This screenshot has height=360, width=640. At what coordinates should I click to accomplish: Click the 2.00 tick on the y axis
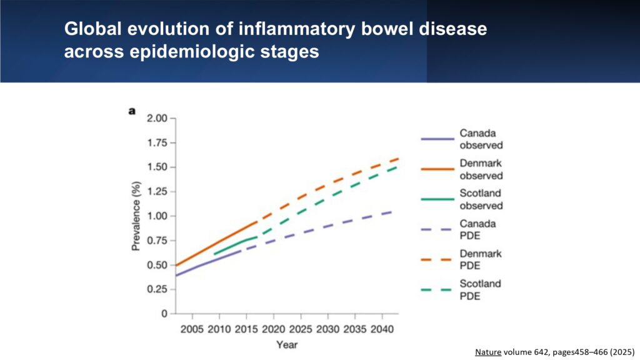click(x=157, y=119)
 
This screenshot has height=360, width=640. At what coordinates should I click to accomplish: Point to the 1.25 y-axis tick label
click(x=157, y=192)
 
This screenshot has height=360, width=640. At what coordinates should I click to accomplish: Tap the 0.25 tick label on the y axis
click(x=157, y=289)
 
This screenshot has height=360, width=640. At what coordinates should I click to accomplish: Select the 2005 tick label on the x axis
click(x=192, y=329)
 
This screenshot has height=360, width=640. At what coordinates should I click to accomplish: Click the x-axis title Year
click(x=287, y=344)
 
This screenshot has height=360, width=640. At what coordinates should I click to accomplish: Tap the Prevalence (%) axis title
click(x=136, y=216)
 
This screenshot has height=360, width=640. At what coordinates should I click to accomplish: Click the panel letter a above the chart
click(x=132, y=111)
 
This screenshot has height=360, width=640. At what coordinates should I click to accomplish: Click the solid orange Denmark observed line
click(x=219, y=244)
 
